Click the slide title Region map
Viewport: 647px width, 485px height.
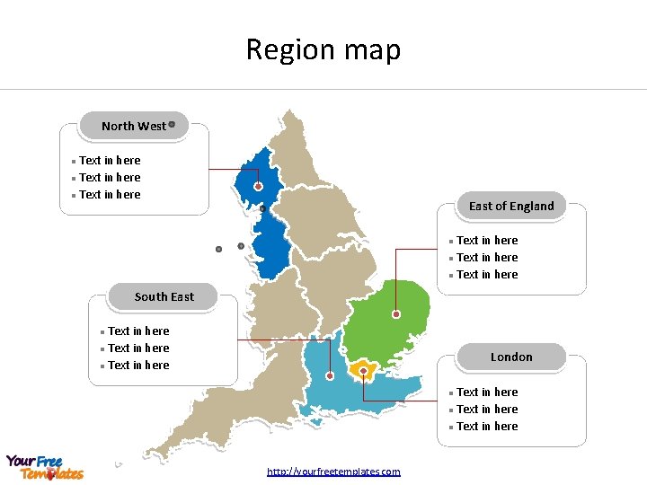323,49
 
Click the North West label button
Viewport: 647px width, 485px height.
134,127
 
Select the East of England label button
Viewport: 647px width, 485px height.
511,206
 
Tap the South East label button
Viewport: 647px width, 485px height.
164,296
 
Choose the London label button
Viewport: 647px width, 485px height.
511,357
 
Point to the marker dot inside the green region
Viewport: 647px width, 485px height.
396,314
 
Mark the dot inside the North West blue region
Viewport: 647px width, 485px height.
258,187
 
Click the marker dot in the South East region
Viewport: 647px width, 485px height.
331,376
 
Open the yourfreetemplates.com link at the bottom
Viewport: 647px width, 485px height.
333,472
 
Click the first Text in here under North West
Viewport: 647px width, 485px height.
110,161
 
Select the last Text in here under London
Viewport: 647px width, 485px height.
487,427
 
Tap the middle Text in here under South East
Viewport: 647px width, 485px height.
138,348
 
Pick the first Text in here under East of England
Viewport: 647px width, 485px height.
487,241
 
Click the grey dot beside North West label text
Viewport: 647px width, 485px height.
172,125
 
